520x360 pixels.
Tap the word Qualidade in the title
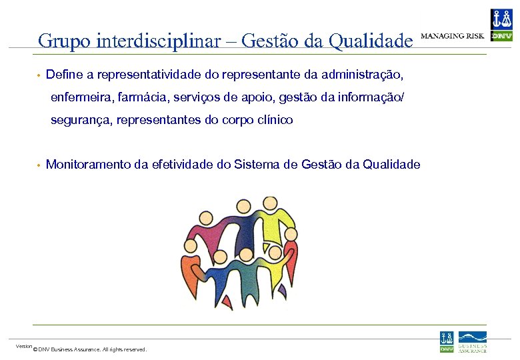pyautogui.click(x=371, y=41)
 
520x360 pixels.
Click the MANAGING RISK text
pyautogui.click(x=453, y=35)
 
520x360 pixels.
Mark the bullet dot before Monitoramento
pyautogui.click(x=39, y=165)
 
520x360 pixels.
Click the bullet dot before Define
pyautogui.click(x=39, y=72)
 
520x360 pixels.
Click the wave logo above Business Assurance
pyautogui.click(x=472, y=337)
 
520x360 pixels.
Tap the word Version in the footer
pyautogui.click(x=24, y=346)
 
